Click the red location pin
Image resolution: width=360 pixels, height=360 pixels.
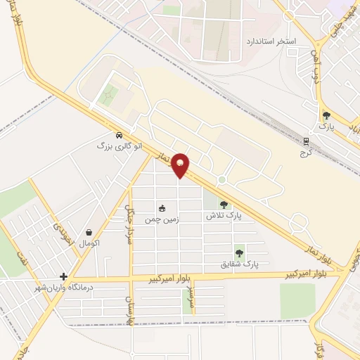pos(181,165)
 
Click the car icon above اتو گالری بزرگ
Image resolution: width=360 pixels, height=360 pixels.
pos(119,135)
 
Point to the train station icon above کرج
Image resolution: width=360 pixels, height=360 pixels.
pos(305,141)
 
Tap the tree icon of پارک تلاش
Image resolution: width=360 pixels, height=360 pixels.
pos(224,205)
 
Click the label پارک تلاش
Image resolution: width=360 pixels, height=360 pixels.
pos(224,216)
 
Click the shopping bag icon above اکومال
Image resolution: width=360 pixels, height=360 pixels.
pos(89,232)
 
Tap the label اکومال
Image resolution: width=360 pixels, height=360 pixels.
pos(89,243)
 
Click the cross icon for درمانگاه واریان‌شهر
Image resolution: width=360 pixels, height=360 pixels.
pos(64,276)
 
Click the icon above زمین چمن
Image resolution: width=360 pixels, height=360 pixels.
pos(162,208)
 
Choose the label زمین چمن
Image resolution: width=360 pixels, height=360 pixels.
pos(162,219)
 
